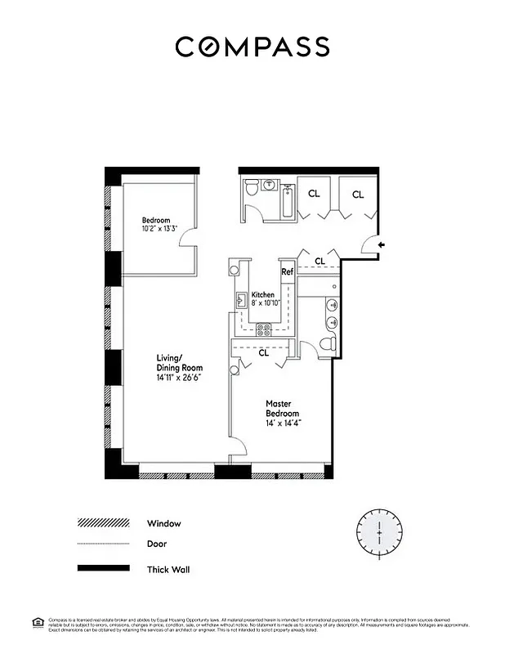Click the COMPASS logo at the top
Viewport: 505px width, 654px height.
[x=252, y=47]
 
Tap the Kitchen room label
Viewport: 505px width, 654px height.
[x=263, y=294]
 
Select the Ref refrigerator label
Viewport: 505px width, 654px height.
[x=287, y=272]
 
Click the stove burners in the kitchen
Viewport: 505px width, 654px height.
[x=265, y=330]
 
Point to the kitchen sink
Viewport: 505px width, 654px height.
[x=241, y=301]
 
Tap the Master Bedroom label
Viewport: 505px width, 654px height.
[x=284, y=409]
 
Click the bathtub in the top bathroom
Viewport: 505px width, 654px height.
[x=286, y=200]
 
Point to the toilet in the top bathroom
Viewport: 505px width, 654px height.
[x=253, y=189]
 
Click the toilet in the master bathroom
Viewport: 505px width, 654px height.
[x=328, y=344]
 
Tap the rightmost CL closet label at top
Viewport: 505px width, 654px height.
[x=358, y=195]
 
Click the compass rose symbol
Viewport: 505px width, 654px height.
[x=379, y=532]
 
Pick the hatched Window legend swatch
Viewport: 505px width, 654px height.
[x=103, y=523]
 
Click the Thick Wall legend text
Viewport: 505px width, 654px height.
[x=168, y=569]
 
